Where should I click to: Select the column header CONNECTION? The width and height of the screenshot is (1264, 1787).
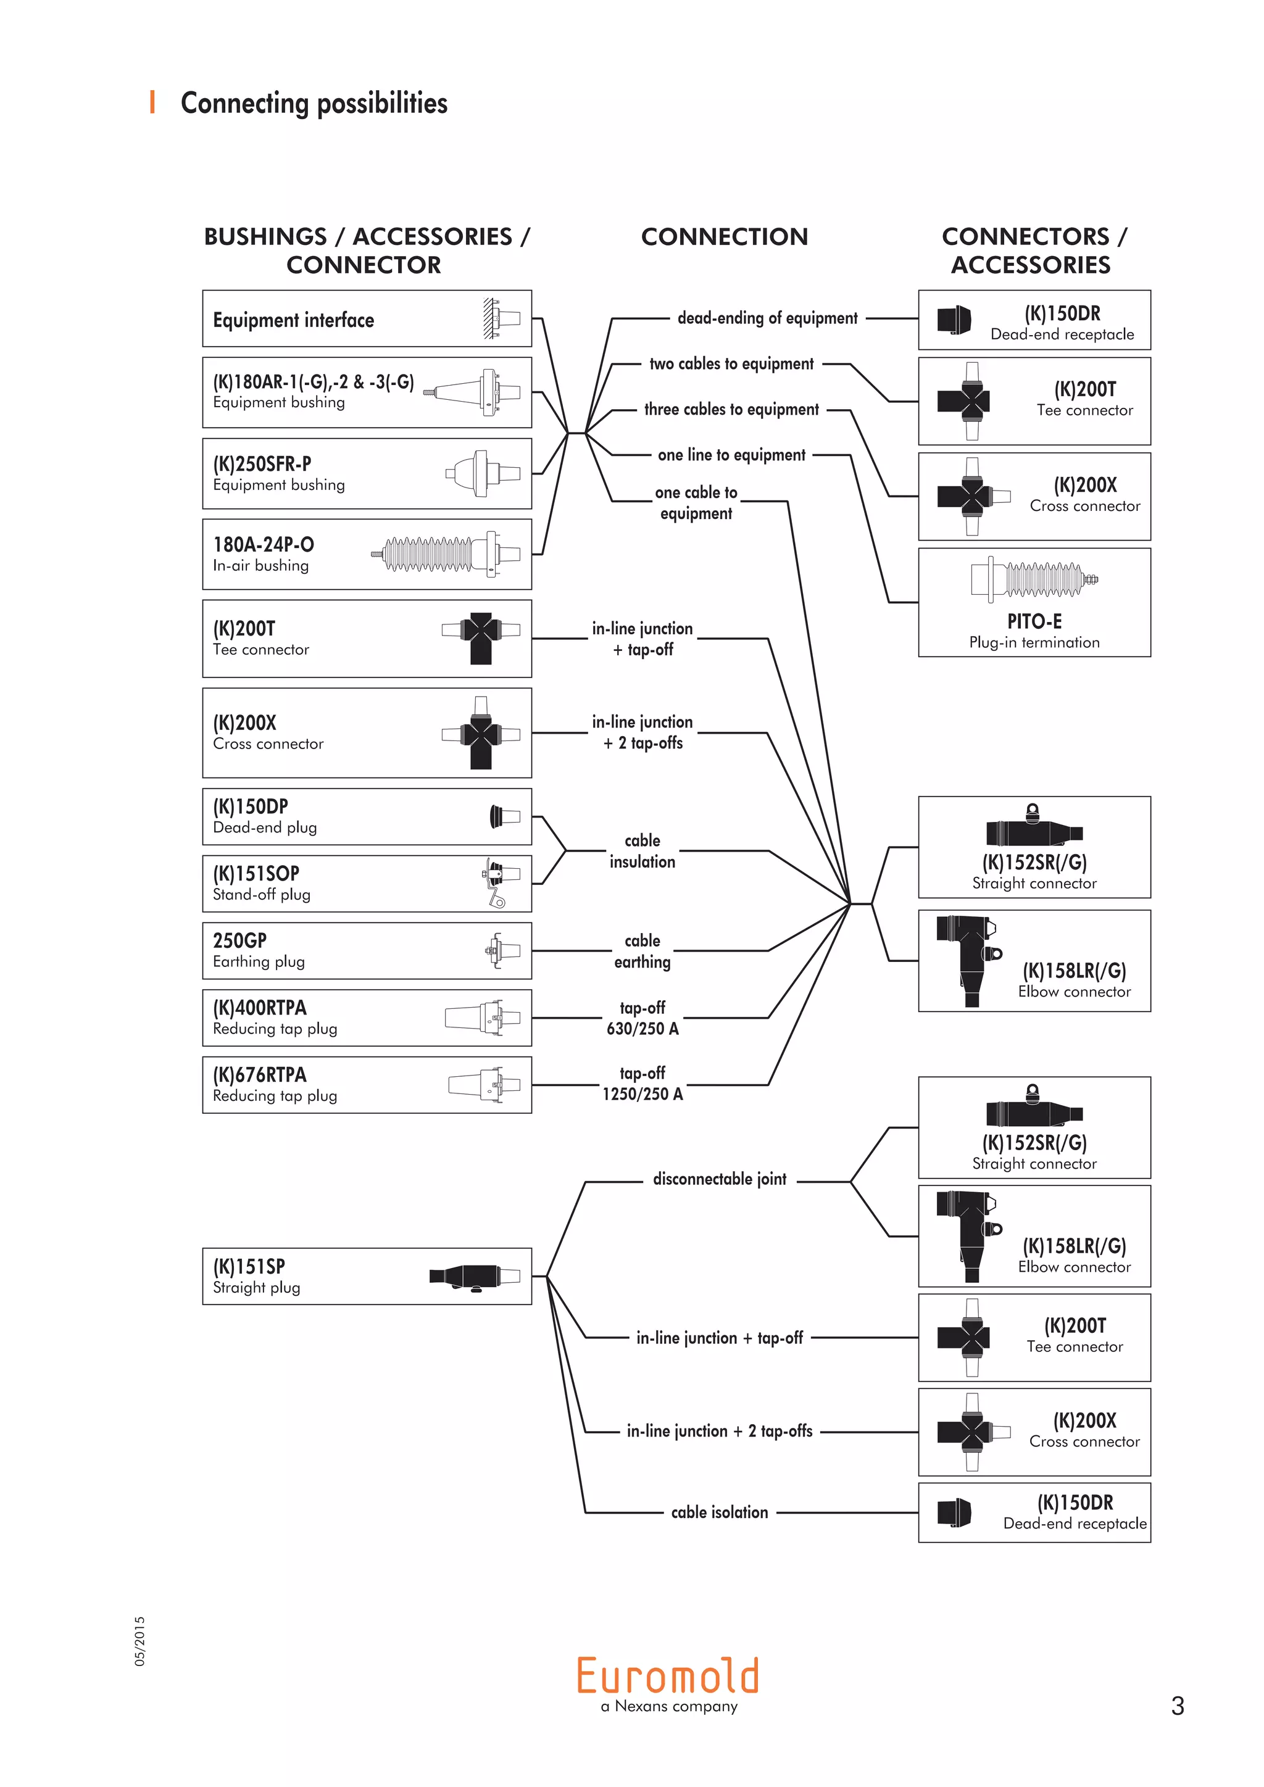tap(724, 236)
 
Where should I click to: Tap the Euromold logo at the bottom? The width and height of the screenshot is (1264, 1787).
tap(668, 1676)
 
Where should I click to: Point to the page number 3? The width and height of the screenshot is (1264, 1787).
tap(1177, 1706)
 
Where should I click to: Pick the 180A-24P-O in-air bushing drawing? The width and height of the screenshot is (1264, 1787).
tap(446, 554)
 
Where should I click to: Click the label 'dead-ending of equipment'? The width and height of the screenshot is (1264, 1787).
tap(767, 318)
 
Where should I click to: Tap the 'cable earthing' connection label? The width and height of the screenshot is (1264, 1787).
tap(642, 951)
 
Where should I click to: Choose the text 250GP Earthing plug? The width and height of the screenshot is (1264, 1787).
tap(259, 950)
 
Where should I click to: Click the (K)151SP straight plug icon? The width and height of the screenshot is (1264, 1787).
tap(474, 1277)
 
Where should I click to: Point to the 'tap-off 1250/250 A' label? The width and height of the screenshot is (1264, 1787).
tap(642, 1084)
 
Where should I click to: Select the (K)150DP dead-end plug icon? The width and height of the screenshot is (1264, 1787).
tap(504, 816)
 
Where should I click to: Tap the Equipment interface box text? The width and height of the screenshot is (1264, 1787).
tap(293, 320)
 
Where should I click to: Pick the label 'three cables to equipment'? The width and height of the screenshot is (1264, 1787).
tap(731, 409)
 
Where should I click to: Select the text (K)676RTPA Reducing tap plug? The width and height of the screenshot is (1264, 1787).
tap(275, 1084)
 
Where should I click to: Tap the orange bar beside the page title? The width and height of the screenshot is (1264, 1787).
tap(152, 102)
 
